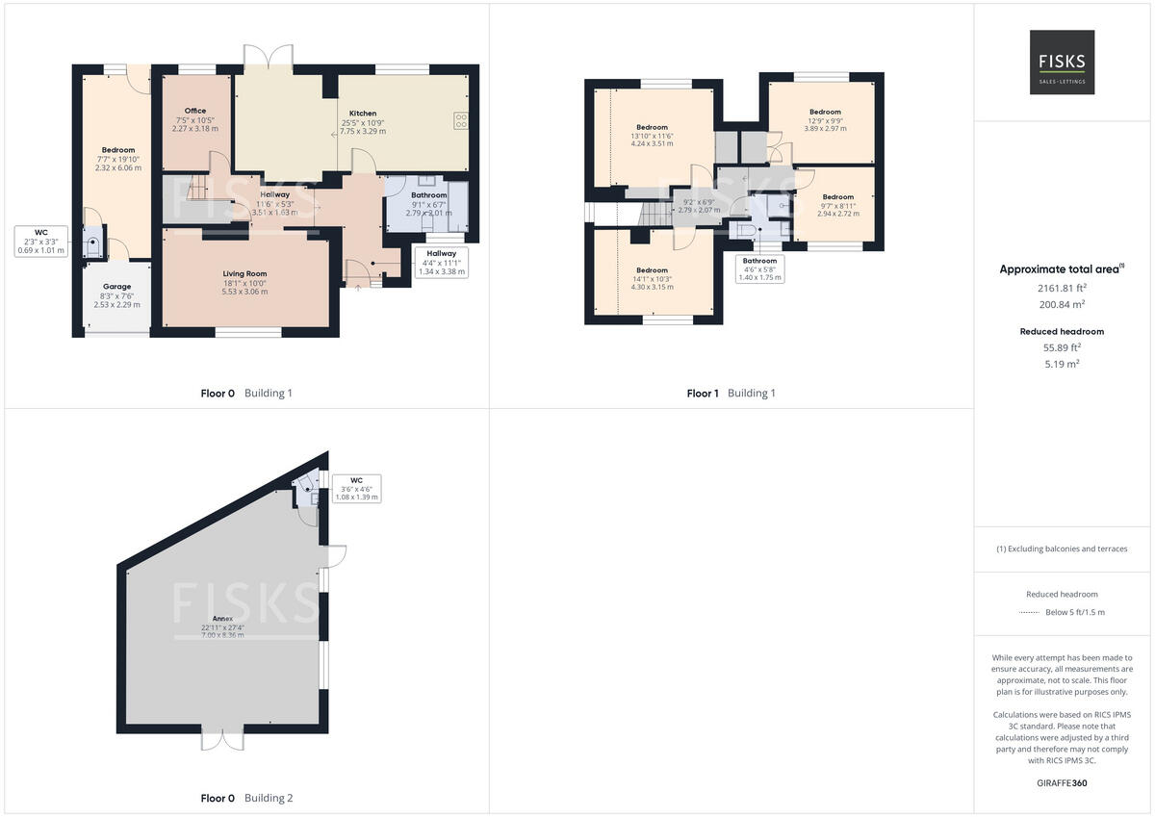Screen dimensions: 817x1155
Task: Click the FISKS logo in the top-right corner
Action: (x=1062, y=62)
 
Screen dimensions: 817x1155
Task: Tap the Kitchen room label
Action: (x=362, y=114)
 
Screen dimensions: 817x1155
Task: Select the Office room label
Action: (x=195, y=111)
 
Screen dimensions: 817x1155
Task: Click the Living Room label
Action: (x=245, y=273)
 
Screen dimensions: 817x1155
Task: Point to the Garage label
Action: (x=116, y=287)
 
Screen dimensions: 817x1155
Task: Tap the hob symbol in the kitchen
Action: (x=460, y=120)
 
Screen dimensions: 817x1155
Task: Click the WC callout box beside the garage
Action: (x=40, y=241)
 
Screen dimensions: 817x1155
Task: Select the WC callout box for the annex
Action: (x=356, y=488)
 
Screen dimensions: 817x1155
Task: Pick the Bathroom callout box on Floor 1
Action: (x=759, y=268)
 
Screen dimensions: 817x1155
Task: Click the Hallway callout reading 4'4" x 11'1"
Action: (x=443, y=262)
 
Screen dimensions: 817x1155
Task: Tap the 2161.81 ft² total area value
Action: (x=1062, y=287)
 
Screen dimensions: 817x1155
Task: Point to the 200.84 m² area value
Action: (x=1062, y=304)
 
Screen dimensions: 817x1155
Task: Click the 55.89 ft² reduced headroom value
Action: (x=1062, y=347)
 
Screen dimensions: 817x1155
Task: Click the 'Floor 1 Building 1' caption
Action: (x=731, y=393)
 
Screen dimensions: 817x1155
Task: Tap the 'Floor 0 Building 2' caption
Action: (x=246, y=798)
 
